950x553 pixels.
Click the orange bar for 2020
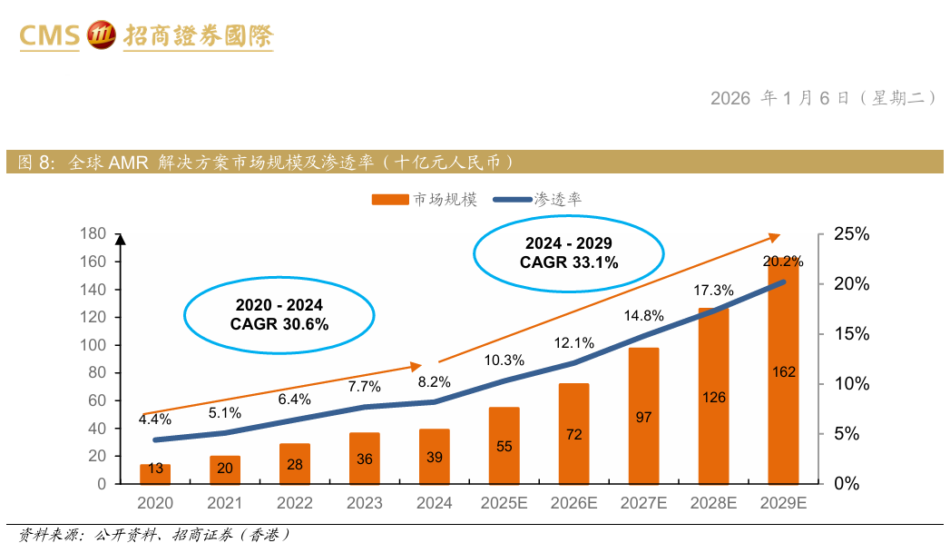(155, 473)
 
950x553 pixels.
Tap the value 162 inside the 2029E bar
(784, 371)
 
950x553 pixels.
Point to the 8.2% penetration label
(434, 382)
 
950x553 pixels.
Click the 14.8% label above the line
(644, 316)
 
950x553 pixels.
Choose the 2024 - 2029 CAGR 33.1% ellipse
(568, 253)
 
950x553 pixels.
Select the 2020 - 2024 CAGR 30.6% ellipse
(279, 314)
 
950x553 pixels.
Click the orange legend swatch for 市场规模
(389, 200)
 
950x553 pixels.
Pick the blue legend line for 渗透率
(511, 200)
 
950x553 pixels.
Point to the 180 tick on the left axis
(94, 233)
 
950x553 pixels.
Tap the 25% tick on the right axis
(851, 234)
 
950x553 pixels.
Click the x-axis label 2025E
(504, 503)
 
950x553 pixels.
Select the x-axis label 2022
(295, 503)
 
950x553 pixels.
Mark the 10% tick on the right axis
(851, 384)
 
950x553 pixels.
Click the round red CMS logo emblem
(101, 35)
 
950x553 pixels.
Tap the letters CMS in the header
(50, 36)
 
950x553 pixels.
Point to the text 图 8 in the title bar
(36, 163)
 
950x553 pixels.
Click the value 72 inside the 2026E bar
(574, 434)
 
